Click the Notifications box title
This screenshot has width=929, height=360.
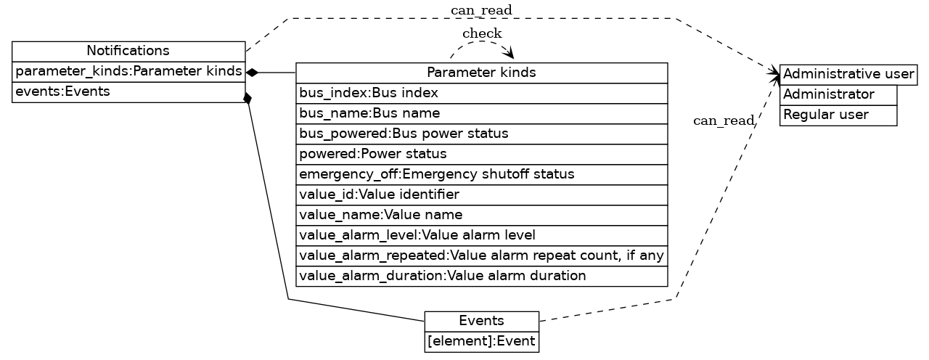point(128,51)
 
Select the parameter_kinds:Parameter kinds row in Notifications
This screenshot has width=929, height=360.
point(128,72)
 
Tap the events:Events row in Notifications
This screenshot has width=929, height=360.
point(128,92)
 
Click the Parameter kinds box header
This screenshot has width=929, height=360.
point(481,73)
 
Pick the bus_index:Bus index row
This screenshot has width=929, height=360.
point(481,93)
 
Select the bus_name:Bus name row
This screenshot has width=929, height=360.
point(481,113)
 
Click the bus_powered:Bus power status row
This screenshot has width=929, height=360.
point(481,134)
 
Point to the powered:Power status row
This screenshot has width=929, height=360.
point(481,154)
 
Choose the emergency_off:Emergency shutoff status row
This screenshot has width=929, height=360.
point(481,174)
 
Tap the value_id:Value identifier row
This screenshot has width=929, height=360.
point(481,195)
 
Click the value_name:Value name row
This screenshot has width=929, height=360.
point(481,215)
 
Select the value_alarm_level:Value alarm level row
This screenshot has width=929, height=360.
point(481,235)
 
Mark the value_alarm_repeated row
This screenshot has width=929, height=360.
point(481,255)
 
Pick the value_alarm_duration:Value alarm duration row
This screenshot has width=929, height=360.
point(481,276)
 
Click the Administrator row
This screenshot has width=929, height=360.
point(838,94)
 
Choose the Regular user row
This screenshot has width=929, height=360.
point(838,115)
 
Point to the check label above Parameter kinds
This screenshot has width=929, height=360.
point(482,33)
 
